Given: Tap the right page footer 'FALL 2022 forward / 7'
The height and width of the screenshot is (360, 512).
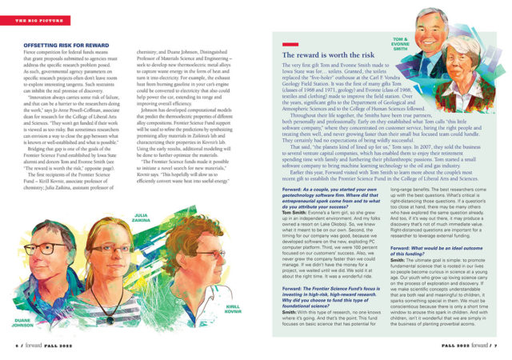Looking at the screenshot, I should point(472,346).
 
